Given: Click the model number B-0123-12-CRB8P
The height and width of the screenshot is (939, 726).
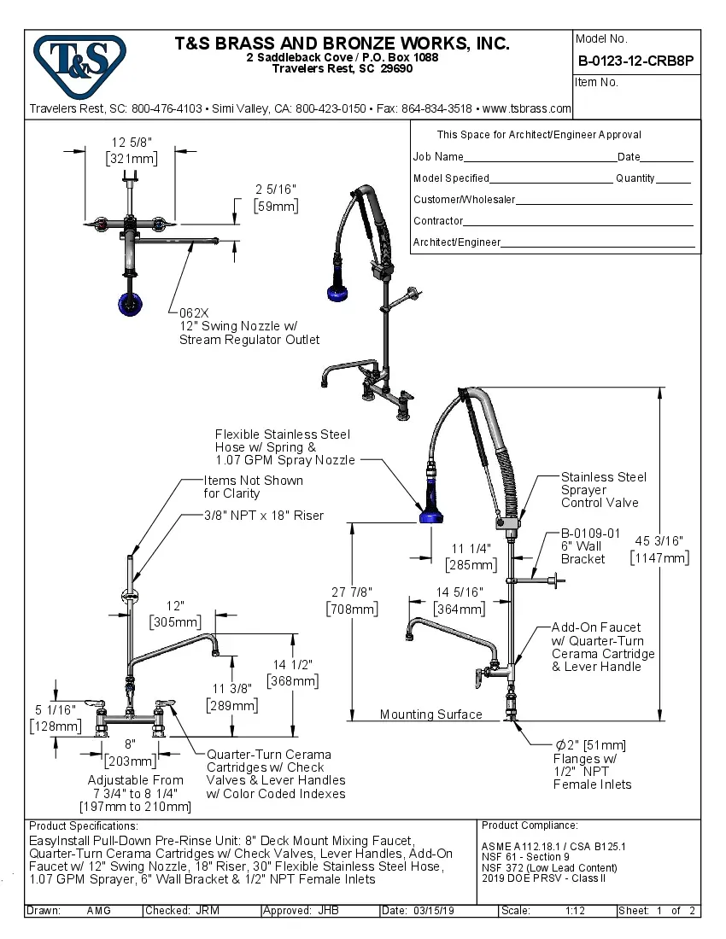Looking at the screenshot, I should (x=635, y=61).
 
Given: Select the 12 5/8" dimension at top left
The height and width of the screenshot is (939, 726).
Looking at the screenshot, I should (x=130, y=150).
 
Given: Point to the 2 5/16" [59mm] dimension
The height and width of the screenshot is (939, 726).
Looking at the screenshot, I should (x=276, y=198).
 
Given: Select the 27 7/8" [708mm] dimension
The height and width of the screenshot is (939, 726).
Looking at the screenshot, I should (x=351, y=600).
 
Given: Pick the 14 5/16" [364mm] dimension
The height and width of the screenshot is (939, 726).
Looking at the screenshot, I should (x=460, y=600).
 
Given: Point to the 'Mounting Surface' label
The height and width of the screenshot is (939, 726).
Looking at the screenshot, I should (x=430, y=714).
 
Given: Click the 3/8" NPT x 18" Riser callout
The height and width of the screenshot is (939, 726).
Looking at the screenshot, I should (x=263, y=516).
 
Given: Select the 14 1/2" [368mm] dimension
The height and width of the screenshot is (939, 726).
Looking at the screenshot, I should (x=292, y=673).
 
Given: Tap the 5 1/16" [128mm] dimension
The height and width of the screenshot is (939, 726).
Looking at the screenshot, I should (x=56, y=717).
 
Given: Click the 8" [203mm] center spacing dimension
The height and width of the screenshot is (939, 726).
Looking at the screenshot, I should (x=130, y=751).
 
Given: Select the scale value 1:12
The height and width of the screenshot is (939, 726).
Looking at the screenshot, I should (x=575, y=911).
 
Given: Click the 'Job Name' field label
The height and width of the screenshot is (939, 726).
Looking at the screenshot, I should (x=438, y=157).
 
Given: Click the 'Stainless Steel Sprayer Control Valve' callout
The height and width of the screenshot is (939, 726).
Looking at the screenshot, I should (x=603, y=490).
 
